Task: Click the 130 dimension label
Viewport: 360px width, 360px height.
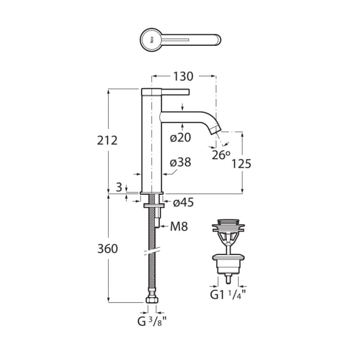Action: click(183, 76)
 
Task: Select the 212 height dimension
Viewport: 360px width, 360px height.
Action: click(107, 140)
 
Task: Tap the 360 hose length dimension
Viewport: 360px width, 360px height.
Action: click(108, 249)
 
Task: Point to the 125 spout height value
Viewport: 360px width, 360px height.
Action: click(241, 164)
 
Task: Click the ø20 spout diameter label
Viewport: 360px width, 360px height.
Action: click(180, 138)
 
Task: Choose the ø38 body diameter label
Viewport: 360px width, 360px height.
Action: click(180, 162)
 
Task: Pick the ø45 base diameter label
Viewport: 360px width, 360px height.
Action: click(183, 203)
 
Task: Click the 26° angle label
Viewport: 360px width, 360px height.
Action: click(221, 155)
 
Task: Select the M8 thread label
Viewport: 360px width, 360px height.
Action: click(179, 226)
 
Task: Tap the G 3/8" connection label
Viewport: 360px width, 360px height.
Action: click(152, 321)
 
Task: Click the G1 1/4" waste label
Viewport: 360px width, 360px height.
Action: click(228, 295)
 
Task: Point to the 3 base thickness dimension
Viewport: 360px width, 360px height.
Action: click(119, 187)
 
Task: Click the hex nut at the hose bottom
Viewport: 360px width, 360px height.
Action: click(152, 300)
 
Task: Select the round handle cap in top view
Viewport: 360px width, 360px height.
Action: click(150, 40)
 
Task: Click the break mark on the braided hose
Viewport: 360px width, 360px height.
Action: click(152, 251)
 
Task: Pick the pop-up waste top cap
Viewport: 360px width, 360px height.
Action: click(228, 222)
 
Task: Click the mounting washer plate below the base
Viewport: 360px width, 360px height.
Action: click(154, 206)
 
